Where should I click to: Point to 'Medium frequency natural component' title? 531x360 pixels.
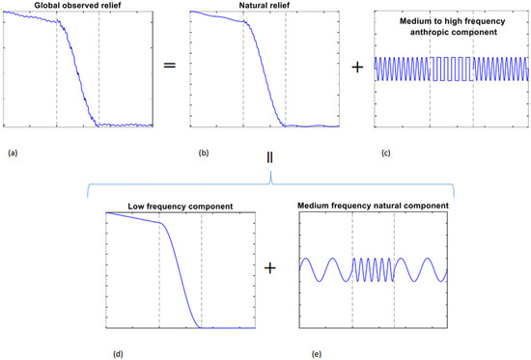coord(373,204)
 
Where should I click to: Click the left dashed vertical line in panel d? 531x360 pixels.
coord(158,270)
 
